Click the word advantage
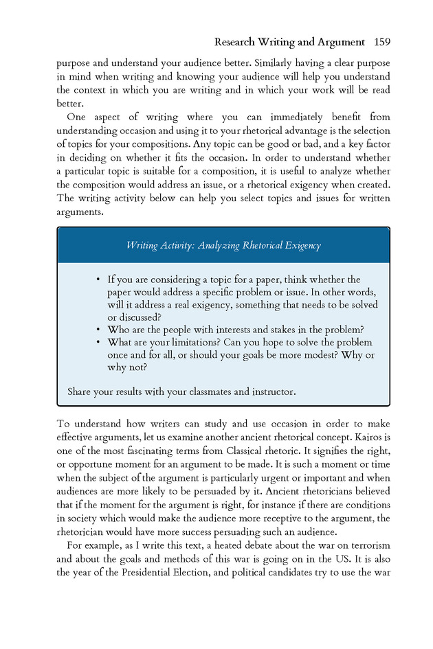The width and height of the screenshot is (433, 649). (x=323, y=131)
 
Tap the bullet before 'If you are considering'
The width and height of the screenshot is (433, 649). (x=99, y=280)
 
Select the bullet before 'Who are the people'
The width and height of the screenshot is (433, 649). (x=99, y=330)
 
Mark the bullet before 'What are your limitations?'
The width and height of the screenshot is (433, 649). (x=99, y=342)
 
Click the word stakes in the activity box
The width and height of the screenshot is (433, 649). (x=288, y=330)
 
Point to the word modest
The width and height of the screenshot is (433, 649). (x=313, y=355)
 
